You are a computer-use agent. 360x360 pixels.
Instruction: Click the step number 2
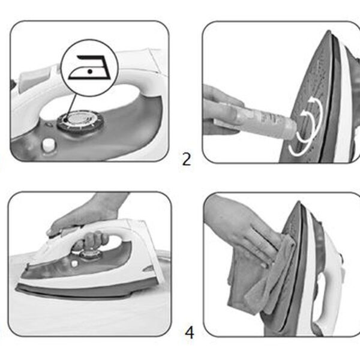click(187, 159)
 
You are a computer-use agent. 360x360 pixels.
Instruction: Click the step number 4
click(190, 332)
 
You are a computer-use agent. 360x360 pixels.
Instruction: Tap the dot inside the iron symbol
click(90, 71)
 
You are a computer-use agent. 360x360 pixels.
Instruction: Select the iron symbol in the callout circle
click(89, 67)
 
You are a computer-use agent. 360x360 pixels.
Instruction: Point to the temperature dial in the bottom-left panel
click(89, 254)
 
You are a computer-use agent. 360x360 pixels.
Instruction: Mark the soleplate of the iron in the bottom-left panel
click(76, 290)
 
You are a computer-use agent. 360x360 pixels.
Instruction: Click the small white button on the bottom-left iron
click(74, 263)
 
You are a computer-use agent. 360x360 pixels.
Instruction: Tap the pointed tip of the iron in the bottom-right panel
click(298, 203)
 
